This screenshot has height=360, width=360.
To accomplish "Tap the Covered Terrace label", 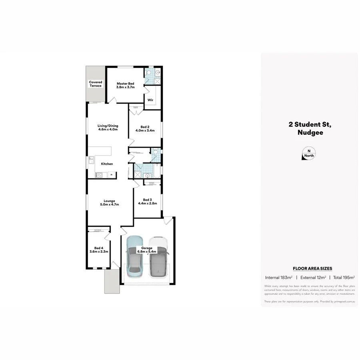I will point(96,84).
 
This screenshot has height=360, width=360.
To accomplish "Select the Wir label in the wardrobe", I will point(150,100).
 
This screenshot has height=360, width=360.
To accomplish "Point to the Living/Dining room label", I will point(108,128).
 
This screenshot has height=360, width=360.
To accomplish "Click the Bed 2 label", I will point(144,128).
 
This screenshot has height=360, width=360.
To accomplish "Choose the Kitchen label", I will point(107,164).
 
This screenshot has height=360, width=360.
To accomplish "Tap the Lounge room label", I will point(110,202).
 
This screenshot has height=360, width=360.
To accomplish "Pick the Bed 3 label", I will point(147,201).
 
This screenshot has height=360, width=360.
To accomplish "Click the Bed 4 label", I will point(98,250).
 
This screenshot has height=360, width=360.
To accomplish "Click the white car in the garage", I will point(158,258).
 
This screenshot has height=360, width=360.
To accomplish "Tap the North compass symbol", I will point(308,154).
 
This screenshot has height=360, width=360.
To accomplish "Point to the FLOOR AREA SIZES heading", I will point(312,268).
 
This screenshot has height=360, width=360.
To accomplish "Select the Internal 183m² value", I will point(279,277).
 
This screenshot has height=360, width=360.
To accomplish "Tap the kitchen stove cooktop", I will point(99,175).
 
